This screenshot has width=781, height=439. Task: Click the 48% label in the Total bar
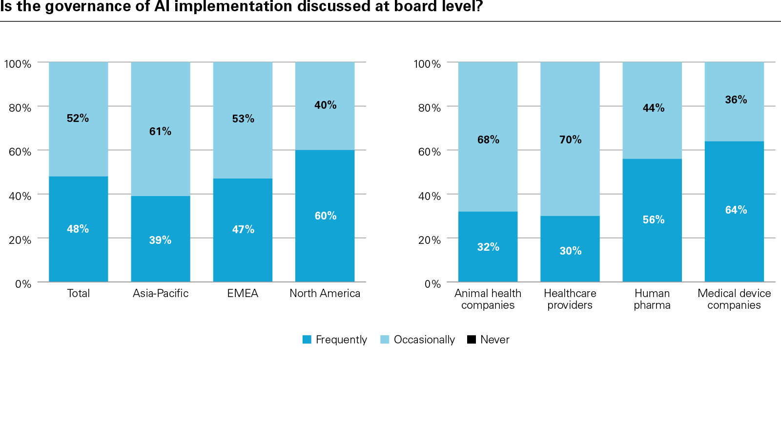pyautogui.click(x=78, y=229)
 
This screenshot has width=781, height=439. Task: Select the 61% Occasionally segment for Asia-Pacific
pyautogui.click(x=160, y=129)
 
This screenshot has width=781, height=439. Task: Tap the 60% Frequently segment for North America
pyautogui.click(x=325, y=216)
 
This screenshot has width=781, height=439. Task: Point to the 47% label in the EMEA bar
pyautogui.click(x=243, y=229)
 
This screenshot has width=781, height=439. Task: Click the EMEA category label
pyautogui.click(x=243, y=293)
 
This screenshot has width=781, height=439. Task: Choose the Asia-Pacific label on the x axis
pyautogui.click(x=161, y=293)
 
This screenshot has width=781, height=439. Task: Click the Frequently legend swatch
pyautogui.click(x=307, y=339)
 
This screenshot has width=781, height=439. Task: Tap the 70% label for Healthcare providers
pyautogui.click(x=570, y=140)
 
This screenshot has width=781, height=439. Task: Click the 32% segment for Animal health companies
pyautogui.click(x=488, y=247)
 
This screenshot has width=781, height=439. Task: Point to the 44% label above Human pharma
pyautogui.click(x=653, y=108)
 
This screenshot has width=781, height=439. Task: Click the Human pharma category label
pyautogui.click(x=652, y=299)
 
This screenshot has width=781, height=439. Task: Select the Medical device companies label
pyautogui.click(x=734, y=299)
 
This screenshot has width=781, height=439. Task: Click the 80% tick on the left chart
pyautogui.click(x=20, y=108)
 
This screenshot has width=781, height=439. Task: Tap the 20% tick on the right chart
pyautogui.click(x=429, y=240)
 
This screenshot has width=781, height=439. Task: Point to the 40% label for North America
pyautogui.click(x=325, y=105)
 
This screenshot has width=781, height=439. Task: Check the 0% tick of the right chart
pyautogui.click(x=432, y=284)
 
